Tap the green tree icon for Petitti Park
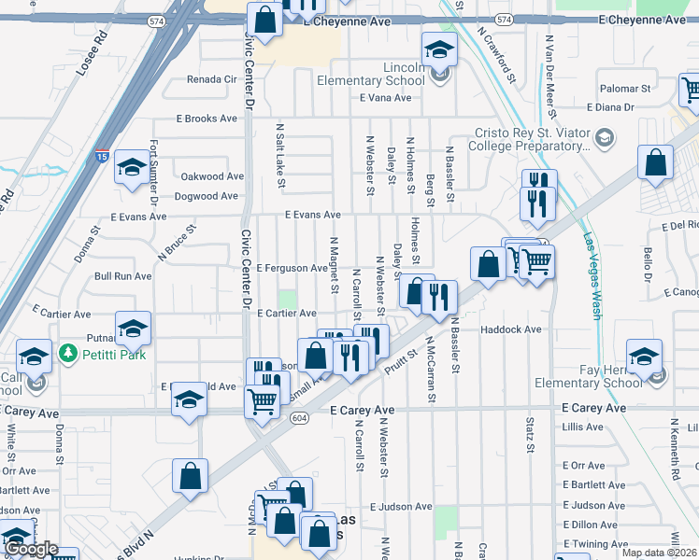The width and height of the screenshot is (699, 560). [66, 354]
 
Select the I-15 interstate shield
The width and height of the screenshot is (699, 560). [100, 155]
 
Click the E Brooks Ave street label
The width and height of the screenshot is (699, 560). [207, 119]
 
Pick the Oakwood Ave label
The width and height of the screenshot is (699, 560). [212, 176]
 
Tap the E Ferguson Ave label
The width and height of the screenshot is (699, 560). [291, 268]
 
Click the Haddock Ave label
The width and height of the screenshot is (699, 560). [511, 329]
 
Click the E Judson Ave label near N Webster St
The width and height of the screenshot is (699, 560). [401, 507]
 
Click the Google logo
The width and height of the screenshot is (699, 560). [31, 550]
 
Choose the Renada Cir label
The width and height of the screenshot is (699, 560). [212, 79]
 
